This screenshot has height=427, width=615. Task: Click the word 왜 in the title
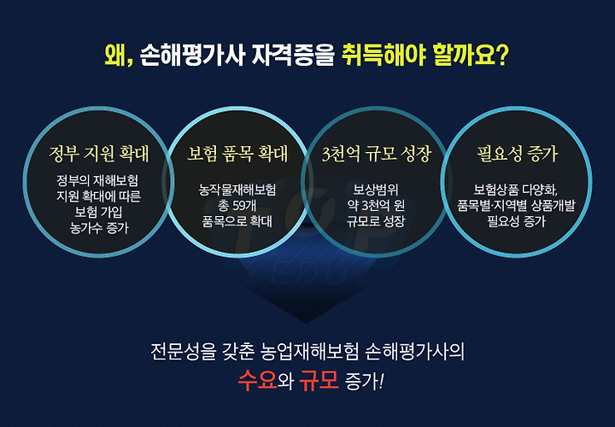click(114, 56)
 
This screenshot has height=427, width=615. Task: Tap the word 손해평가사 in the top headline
click(192, 56)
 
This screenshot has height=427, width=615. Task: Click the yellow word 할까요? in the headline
click(471, 56)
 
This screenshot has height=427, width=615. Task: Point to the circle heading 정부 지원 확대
click(99, 154)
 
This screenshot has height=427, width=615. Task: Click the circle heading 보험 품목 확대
click(237, 154)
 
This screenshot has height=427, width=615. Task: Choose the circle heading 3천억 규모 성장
click(376, 154)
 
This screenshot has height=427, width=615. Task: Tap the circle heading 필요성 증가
click(517, 154)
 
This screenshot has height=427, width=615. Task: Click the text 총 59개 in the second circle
click(237, 206)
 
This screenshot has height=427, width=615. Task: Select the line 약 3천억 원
click(376, 206)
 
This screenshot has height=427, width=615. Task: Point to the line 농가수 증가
click(99, 227)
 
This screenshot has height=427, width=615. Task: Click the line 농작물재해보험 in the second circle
click(237, 190)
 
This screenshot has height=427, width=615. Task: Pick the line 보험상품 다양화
click(516, 190)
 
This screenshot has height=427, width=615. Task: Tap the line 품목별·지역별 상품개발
click(516, 206)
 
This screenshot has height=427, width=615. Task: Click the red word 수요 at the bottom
click(257, 380)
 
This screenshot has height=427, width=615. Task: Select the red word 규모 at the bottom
click(319, 380)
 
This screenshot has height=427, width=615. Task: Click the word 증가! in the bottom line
click(365, 381)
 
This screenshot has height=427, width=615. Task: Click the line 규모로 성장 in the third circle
click(376, 221)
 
